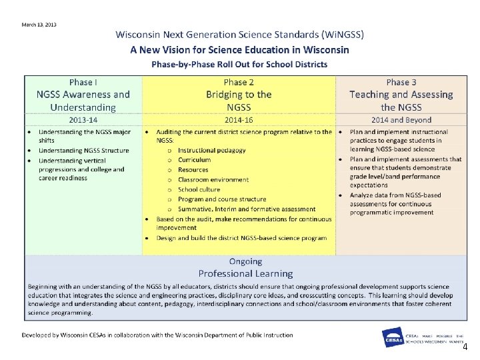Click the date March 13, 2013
(x=39, y=25)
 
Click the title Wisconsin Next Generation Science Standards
(x=239, y=35)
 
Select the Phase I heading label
(x=83, y=82)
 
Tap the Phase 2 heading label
(x=239, y=82)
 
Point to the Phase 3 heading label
(x=401, y=82)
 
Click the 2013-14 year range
(x=83, y=120)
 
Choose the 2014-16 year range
(x=239, y=120)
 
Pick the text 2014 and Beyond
(x=401, y=120)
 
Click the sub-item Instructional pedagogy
(x=212, y=150)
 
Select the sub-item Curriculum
(x=195, y=160)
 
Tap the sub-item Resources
(x=194, y=170)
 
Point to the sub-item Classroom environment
(x=213, y=179)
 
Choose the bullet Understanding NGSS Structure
(x=83, y=151)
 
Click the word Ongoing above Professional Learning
(x=245, y=261)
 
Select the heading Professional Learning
(x=245, y=273)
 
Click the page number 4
(x=465, y=347)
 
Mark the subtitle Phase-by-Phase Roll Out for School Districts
(x=239, y=64)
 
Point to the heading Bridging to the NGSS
(x=239, y=101)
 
